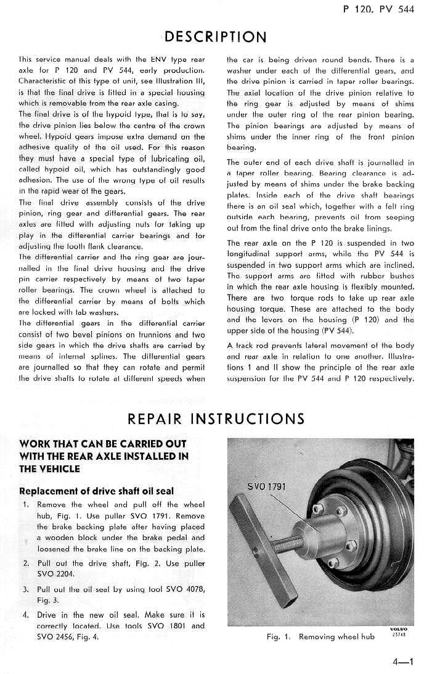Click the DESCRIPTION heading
coord(216,36)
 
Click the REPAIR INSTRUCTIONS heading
coord(216,419)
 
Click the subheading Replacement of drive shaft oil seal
coord(96,491)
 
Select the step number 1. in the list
coord(26,504)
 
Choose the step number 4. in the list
coord(26,615)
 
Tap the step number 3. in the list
coord(26,589)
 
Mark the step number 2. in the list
coord(26,563)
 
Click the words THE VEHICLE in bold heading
coord(50,468)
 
